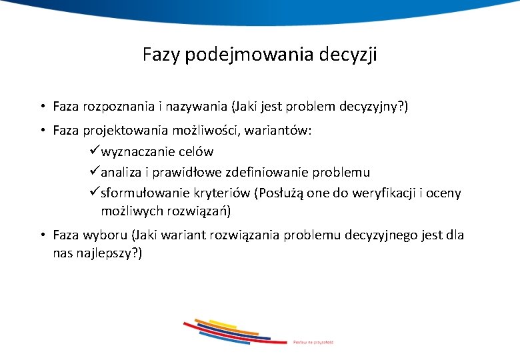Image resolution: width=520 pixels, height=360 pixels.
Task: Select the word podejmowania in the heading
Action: (x=244, y=55)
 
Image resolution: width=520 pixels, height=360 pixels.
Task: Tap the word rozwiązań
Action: (x=199, y=212)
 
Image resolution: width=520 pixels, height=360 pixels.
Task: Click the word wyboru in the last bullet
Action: (x=107, y=235)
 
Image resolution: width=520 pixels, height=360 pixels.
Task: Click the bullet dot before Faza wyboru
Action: (x=41, y=235)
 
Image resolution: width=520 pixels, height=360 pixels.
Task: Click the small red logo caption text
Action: (x=313, y=342)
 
